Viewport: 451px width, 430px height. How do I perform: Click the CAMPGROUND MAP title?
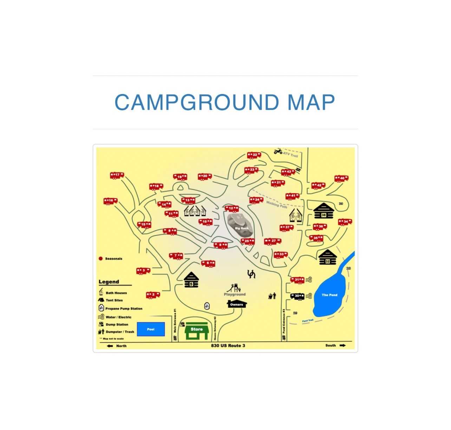click(x=225, y=102)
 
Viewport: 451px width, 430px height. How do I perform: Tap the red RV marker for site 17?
click(x=117, y=175)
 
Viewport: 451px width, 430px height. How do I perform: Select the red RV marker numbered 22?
click(x=254, y=155)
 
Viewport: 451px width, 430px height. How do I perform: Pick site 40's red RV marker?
click(x=341, y=179)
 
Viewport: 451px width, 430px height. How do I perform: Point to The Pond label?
click(x=329, y=295)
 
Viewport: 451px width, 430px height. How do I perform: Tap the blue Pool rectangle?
click(x=151, y=329)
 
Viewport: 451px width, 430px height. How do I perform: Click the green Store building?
click(x=196, y=331)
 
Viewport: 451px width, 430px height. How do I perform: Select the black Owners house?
click(x=237, y=303)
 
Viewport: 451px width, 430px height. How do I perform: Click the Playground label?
click(x=235, y=294)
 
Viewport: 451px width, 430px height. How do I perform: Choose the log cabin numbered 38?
click(x=323, y=211)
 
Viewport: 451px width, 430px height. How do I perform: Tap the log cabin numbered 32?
click(x=327, y=257)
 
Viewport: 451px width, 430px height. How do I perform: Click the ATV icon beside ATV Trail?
click(x=278, y=152)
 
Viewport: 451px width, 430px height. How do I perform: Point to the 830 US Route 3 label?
click(x=228, y=345)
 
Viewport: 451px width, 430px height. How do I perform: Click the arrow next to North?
click(x=110, y=346)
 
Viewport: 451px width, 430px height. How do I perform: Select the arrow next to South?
click(x=342, y=345)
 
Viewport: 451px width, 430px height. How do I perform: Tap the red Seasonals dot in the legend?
click(x=100, y=258)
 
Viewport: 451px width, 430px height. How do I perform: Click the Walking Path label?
click(x=276, y=204)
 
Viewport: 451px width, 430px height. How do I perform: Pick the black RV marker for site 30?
click(x=297, y=296)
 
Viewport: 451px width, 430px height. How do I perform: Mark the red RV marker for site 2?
click(x=153, y=295)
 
